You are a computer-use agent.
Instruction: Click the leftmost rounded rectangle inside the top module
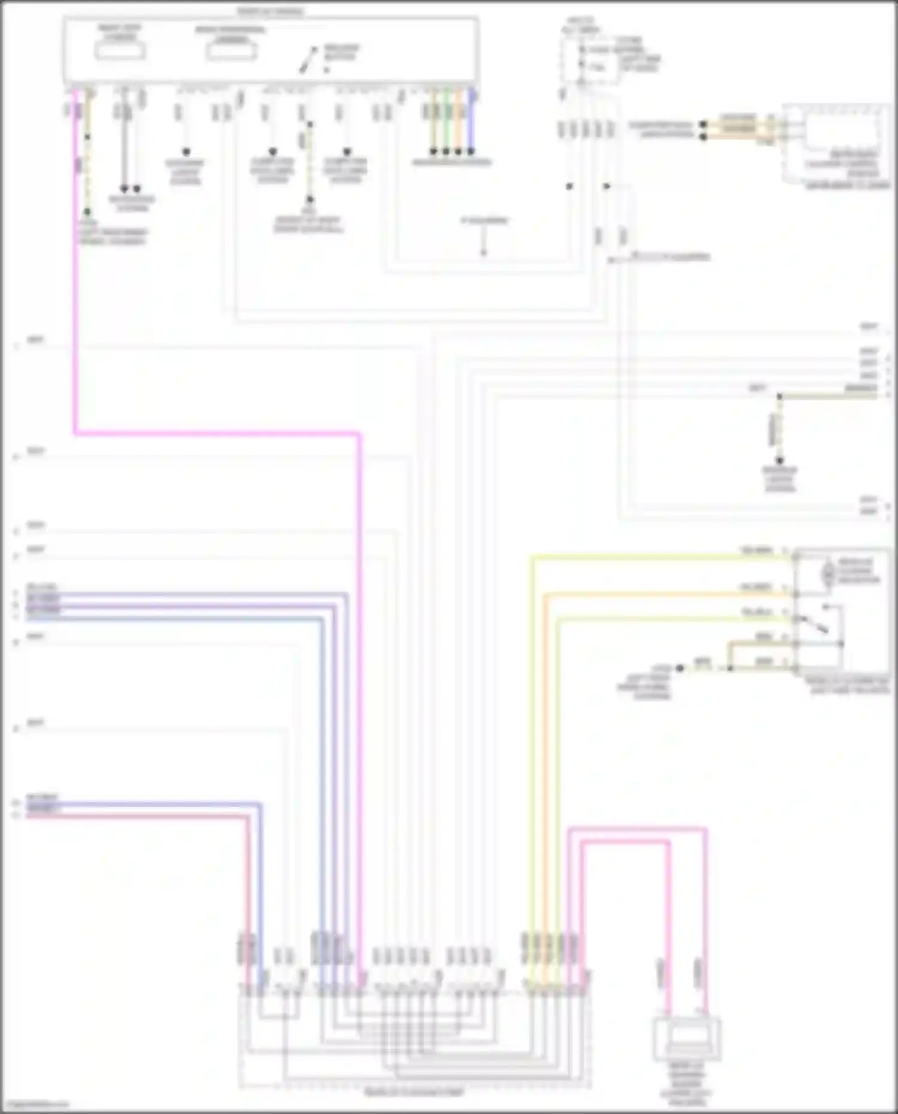tap(120, 50)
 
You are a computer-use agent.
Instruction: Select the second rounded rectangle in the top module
tap(232, 51)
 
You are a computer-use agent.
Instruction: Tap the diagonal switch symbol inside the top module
tap(309, 60)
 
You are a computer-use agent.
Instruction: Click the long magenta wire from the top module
tap(216, 433)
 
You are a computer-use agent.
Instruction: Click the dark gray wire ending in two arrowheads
tap(124, 150)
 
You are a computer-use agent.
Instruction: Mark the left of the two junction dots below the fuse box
tap(569, 186)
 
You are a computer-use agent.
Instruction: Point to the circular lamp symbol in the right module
tap(829, 572)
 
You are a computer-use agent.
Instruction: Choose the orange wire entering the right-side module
tap(659, 594)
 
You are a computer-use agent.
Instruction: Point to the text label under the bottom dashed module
tap(414, 1092)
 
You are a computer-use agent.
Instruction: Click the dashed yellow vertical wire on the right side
tap(779, 428)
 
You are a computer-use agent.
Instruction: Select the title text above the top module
tap(271, 11)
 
